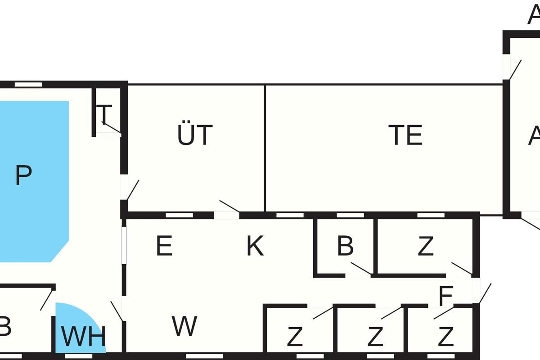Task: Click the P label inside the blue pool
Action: [23, 175]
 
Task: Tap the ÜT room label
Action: [194, 135]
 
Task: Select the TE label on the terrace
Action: [406, 135]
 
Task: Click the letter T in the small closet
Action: [104, 114]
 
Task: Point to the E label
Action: [164, 246]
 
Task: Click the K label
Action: [255, 246]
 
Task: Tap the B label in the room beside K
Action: [345, 246]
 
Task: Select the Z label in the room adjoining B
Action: [425, 246]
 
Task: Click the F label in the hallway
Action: [445, 297]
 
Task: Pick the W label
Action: [185, 326]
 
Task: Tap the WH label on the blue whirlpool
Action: [83, 337]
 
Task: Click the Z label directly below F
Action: [445, 337]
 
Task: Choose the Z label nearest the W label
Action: [295, 337]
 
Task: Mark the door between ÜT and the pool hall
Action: [132, 190]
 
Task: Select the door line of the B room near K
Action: [361, 268]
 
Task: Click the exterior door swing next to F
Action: [485, 293]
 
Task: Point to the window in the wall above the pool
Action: [28, 84]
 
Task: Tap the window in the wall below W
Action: [198, 356]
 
